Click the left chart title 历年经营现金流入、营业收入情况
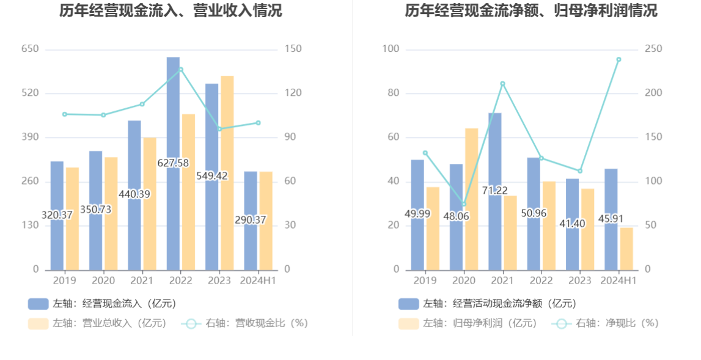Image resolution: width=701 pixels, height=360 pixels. (171, 11)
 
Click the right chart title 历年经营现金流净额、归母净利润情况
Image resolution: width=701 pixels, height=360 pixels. (530, 11)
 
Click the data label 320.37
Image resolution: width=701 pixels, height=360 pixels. (57, 215)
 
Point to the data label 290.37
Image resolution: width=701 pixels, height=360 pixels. (251, 219)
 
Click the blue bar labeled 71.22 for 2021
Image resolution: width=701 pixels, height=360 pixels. (494, 153)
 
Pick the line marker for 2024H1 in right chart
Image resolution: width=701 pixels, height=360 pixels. (618, 59)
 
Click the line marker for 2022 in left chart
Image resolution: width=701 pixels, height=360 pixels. (181, 69)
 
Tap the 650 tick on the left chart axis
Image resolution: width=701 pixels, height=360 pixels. (31, 49)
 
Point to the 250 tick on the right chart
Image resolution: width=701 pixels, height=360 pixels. (653, 49)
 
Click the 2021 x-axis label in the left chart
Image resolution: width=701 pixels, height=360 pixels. (142, 281)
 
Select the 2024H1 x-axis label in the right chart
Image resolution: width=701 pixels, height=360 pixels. (618, 281)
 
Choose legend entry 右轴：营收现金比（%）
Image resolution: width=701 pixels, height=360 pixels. (244, 323)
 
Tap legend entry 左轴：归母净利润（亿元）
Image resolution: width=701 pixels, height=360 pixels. (468, 323)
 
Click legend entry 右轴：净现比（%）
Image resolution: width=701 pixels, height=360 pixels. (606, 323)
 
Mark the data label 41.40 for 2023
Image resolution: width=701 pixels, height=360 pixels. (572, 224)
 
